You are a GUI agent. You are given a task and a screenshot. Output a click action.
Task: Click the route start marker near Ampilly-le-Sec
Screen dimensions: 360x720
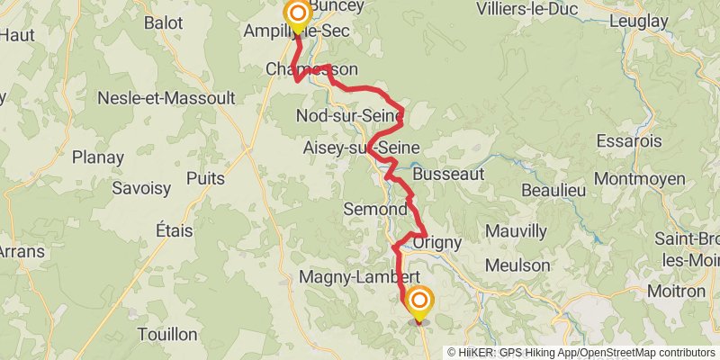[x=296, y=14]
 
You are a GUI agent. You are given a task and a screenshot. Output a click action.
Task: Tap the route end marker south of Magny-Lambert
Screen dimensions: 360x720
[x=418, y=301]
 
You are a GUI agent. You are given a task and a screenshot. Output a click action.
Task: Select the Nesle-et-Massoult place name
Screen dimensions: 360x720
[x=166, y=96]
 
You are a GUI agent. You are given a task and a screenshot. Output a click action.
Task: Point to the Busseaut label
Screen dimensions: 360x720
[x=449, y=174]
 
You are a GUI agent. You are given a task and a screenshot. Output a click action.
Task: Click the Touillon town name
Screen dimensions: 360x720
[x=167, y=334]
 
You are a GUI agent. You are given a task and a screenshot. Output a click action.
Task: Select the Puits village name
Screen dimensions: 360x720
[x=205, y=178]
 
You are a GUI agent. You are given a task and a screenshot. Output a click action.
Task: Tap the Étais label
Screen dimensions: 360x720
[x=174, y=230]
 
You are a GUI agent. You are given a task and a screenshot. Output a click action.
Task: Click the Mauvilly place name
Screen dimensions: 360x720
[x=516, y=231]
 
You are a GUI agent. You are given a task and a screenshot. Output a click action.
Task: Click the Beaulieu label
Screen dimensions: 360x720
[x=553, y=190]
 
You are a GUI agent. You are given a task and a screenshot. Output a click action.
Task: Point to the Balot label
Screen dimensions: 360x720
[x=163, y=22]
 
